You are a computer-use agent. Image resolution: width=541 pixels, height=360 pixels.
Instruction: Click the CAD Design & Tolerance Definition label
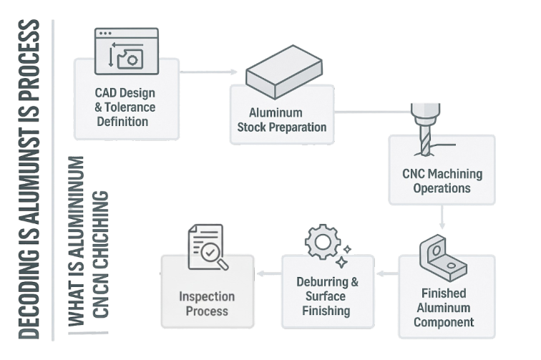pyautogui.click(x=125, y=107)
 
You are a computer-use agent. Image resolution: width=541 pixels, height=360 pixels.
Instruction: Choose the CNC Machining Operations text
pyautogui.click(x=442, y=181)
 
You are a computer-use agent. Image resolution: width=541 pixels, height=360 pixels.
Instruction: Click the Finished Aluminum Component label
pyautogui.click(x=445, y=307)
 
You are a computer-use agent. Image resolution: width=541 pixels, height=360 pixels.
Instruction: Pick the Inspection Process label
pyautogui.click(x=207, y=303)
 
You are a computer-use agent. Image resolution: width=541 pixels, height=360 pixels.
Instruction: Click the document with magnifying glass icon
pyautogui.click(x=208, y=248)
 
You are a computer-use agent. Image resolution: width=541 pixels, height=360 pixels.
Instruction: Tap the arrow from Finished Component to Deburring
pyautogui.click(x=387, y=273)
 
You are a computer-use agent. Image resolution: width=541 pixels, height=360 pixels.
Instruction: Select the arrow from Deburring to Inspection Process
pyautogui.click(x=269, y=273)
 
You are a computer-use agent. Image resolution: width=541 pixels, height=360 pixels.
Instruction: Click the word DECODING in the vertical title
pyautogui.click(x=30, y=297)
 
